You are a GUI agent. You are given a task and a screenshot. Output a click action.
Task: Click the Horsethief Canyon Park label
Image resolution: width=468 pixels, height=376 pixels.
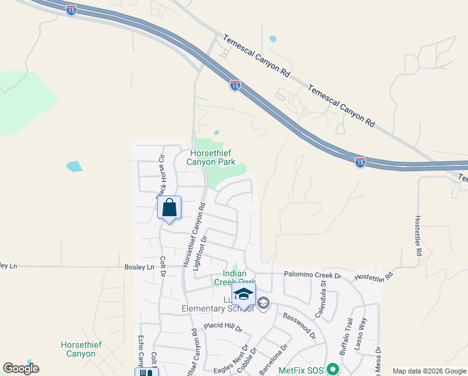click(211, 157)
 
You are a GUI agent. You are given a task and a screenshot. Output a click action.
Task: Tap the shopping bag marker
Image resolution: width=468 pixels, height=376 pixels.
click(169, 208)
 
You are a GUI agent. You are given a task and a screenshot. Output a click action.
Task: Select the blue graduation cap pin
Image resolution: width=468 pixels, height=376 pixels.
click(243, 295)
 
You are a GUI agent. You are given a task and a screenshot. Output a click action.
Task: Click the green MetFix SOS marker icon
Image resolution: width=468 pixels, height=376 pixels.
click(333, 370)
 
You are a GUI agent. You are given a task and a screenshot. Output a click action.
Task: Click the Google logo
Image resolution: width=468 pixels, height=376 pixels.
click(21, 368)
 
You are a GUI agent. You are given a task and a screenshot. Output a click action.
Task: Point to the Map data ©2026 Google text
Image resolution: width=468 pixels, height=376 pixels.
click(429, 371)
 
